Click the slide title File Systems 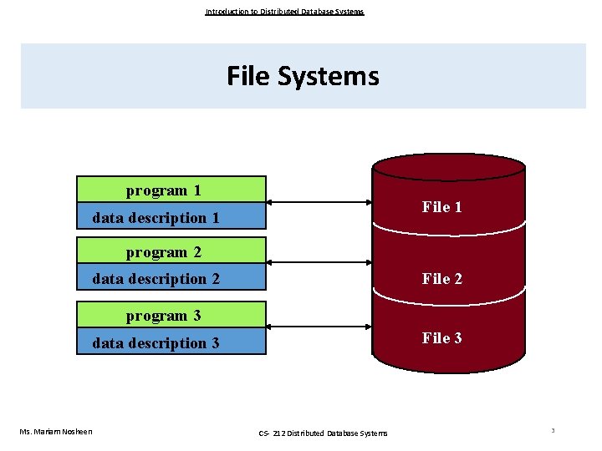[x=303, y=77]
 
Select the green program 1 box [x=171, y=190]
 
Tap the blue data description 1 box [x=171, y=217]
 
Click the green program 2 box [x=171, y=251]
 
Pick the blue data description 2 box [x=171, y=279]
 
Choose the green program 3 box [x=171, y=315]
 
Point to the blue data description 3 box [x=171, y=342]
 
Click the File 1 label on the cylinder [x=441, y=207]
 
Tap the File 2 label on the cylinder [x=441, y=279]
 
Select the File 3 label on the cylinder [x=441, y=338]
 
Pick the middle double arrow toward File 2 [x=319, y=262]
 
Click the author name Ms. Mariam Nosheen [x=56, y=431]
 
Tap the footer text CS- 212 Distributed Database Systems [x=324, y=433]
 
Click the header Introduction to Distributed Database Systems [x=284, y=12]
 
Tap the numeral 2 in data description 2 [x=216, y=279]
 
